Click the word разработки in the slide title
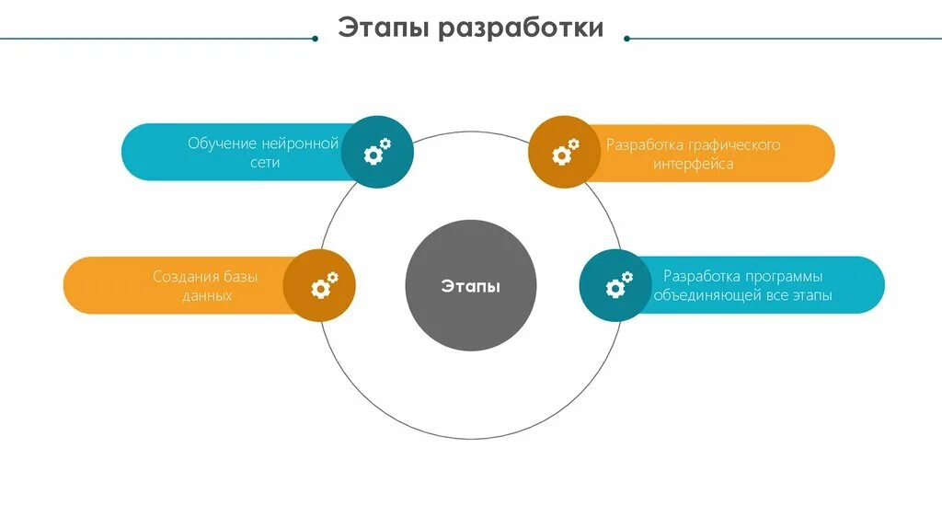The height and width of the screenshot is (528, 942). (520, 28)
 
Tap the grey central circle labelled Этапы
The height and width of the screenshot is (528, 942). (470, 285)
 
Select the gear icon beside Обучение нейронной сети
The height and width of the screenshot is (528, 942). (377, 152)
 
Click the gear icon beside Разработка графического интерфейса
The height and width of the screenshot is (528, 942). (565, 152)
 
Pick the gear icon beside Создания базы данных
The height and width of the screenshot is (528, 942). (324, 285)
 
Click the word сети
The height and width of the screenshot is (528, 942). (263, 163)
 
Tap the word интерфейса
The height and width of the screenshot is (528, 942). (694, 165)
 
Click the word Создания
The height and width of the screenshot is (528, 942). (184, 277)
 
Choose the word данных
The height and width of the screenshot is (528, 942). (207, 296)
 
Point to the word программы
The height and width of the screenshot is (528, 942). (784, 276)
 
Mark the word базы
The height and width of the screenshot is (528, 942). (239, 277)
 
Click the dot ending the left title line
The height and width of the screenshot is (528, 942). (315, 39)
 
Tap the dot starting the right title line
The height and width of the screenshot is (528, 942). (627, 39)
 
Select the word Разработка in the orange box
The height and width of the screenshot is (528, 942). (642, 145)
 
